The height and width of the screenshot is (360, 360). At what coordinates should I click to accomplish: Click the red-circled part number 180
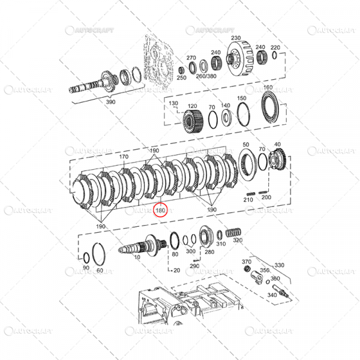(161, 211)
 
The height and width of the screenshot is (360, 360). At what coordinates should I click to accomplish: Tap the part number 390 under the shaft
(110, 103)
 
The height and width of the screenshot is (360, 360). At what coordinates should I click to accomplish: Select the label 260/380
(207, 77)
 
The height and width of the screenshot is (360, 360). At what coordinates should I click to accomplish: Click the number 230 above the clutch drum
(235, 37)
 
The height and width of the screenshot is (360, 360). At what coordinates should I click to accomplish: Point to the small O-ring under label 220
(275, 56)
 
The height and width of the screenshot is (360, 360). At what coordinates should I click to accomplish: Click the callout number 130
(174, 104)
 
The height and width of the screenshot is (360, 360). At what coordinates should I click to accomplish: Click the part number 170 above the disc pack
(124, 157)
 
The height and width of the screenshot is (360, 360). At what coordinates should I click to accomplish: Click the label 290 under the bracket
(194, 265)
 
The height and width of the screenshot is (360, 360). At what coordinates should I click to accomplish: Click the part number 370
(246, 262)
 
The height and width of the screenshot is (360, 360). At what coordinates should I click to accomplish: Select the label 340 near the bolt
(271, 295)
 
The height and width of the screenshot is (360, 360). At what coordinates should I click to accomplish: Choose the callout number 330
(280, 265)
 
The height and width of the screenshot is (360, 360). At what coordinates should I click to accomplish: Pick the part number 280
(209, 252)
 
